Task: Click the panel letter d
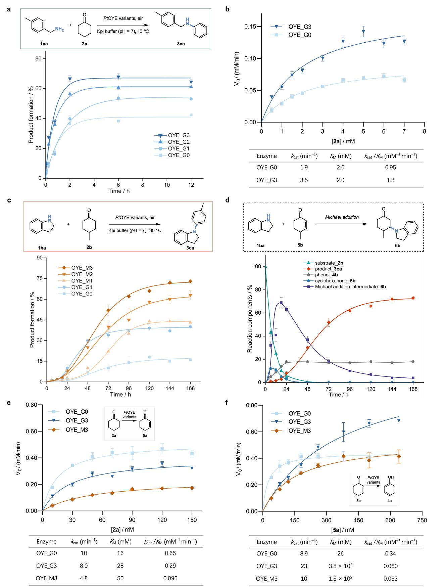pos(227,200)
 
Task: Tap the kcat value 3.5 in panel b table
pos(304,180)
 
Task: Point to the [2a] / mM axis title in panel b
pos(343,141)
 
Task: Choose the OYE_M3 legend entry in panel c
pos(82,268)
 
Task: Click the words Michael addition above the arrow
pos(342,217)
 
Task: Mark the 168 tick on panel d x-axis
pos(413,389)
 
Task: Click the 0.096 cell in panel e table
pos(170,578)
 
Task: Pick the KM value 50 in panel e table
pos(120,578)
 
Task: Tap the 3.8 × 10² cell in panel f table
pos(341,566)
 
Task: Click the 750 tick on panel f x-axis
pos(422,520)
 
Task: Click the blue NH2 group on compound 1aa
pos(59,30)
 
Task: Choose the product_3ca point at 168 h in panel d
pos(413,298)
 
